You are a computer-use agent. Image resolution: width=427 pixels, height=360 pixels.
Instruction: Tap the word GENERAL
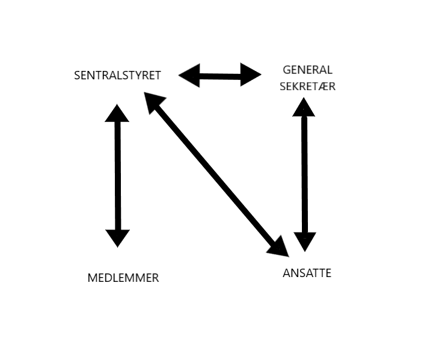point(307,70)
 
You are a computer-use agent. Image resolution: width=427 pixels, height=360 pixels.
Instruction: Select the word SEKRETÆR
point(307,87)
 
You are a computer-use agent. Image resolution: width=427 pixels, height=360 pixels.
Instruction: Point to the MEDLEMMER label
point(123,278)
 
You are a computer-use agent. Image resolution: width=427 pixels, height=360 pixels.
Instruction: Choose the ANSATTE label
point(307,273)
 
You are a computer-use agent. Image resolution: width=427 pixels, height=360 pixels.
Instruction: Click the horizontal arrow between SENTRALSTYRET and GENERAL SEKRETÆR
point(220,75)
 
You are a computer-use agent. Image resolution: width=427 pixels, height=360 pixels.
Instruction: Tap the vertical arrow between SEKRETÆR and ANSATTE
point(305,174)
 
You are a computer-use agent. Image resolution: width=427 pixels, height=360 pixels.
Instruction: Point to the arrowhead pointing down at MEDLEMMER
point(117,237)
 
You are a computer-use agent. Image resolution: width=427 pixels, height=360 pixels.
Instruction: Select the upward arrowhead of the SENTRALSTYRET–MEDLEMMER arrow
point(117,114)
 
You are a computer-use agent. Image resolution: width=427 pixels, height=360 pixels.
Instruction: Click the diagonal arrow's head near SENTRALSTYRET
point(155,102)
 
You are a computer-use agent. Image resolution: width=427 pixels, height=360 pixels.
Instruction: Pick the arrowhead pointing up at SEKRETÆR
point(304,107)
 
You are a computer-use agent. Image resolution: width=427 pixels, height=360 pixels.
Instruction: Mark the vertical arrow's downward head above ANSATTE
point(305,241)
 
